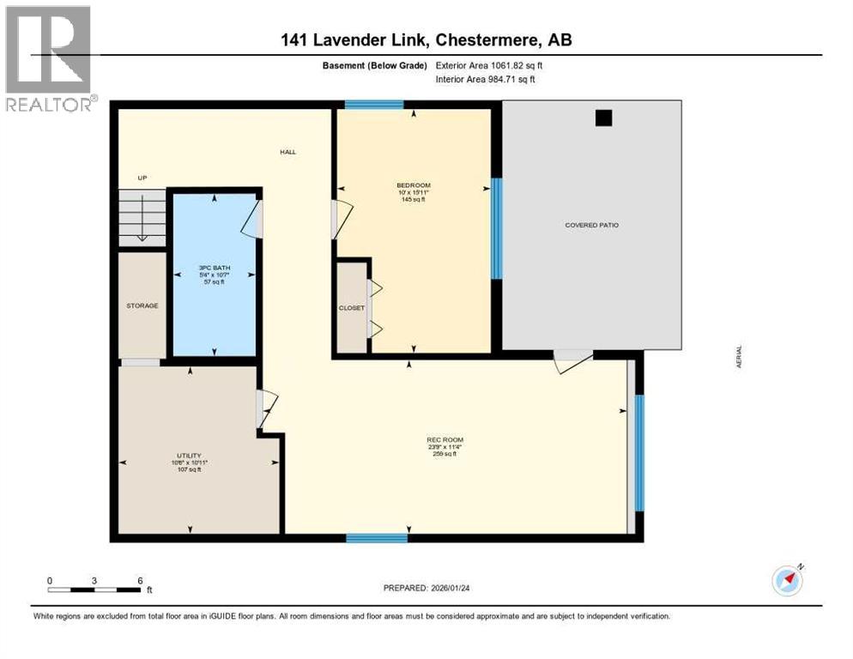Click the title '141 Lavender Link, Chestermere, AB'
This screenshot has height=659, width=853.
[426, 39]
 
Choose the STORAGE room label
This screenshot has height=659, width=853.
[142, 305]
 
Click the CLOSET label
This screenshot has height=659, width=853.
[351, 308]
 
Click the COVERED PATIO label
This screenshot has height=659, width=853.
[591, 225]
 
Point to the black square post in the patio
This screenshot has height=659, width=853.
[604, 119]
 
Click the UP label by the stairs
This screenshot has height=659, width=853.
[142, 178]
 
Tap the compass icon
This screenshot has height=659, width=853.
[787, 580]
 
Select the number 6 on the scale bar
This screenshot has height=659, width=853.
[139, 580]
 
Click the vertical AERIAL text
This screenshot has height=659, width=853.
[738, 356]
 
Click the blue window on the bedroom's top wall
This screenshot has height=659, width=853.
[374, 106]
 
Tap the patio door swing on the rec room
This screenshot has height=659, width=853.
[572, 360]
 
